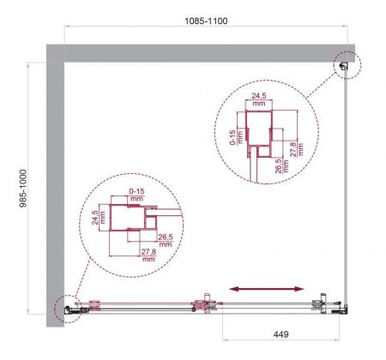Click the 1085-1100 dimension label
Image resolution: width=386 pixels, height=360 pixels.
(208, 17)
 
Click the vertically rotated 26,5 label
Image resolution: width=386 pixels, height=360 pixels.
(277, 165)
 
